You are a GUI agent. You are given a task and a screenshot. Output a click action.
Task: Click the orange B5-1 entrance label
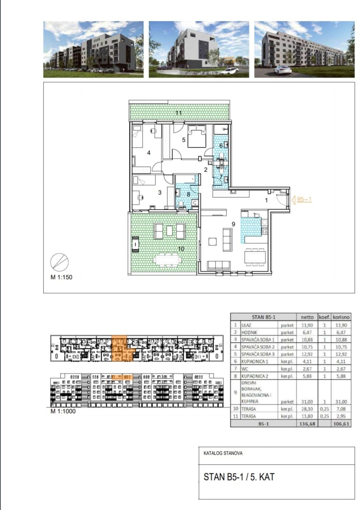pyautogui.click(x=304, y=200)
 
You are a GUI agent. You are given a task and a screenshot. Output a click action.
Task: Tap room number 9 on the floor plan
pyautogui.click(x=233, y=224)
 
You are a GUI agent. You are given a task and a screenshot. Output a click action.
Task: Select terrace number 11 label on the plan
pyautogui.click(x=179, y=113)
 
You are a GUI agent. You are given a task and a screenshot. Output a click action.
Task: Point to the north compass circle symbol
pyautogui.click(x=59, y=263)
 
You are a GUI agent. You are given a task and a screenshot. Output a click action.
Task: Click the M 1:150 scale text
pyautogui.click(x=61, y=277)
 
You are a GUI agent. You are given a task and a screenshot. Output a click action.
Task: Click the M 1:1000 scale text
pyautogui.click(x=63, y=411)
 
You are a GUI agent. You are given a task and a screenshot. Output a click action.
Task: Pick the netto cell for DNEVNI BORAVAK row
pyautogui.click(x=307, y=402)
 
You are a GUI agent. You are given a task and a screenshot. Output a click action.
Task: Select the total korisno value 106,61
pyautogui.click(x=341, y=423)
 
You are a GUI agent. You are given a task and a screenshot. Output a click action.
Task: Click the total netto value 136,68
pyautogui.click(x=307, y=423)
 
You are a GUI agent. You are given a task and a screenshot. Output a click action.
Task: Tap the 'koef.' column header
pyautogui.click(x=324, y=317)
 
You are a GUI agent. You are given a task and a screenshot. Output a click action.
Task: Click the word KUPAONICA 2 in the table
pyautogui.click(x=255, y=376)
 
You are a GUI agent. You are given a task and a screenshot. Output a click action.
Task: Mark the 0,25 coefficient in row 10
pyautogui.click(x=324, y=409)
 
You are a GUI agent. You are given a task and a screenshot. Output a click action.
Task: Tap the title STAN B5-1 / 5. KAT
pyautogui.click(x=239, y=477)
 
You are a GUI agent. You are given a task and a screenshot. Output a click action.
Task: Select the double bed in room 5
pyautogui.click(x=197, y=136)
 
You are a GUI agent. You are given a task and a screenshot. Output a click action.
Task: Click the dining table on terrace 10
pyautogui.click(x=167, y=260)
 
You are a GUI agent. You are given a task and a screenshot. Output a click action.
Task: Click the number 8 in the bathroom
pyautogui.click(x=188, y=194)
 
